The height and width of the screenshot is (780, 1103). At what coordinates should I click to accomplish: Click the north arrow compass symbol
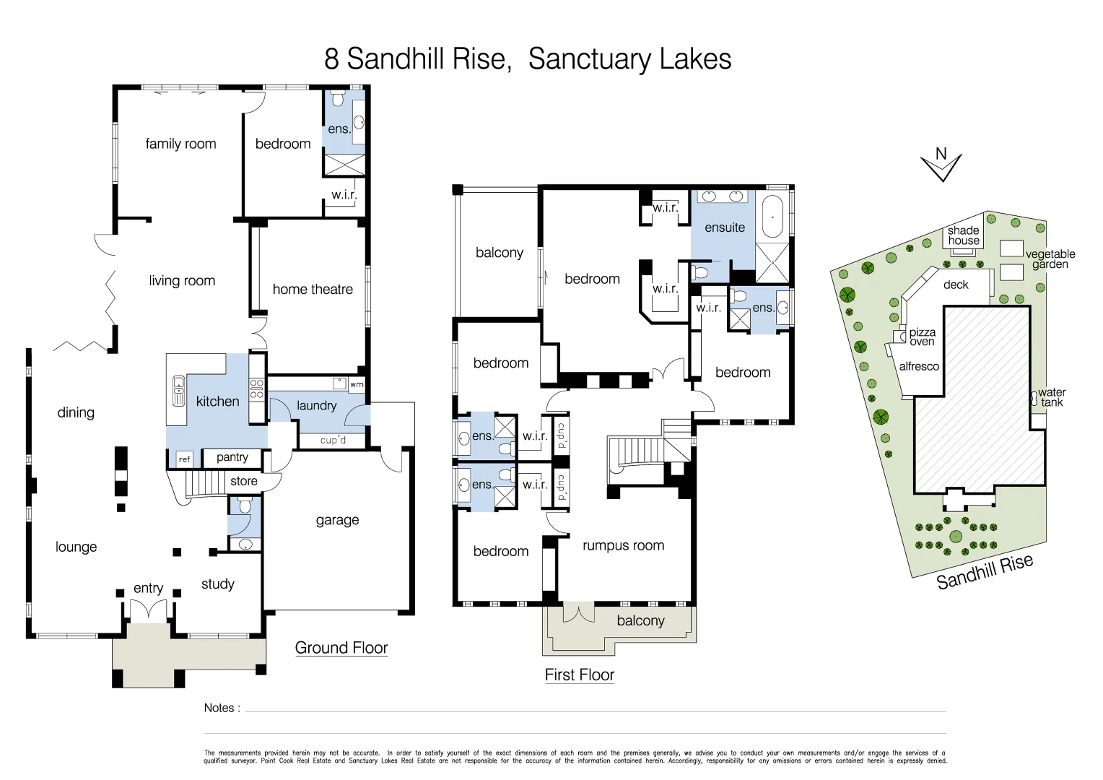pyautogui.click(x=941, y=165)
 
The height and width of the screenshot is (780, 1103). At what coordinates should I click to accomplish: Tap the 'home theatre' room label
pyautogui.click(x=313, y=290)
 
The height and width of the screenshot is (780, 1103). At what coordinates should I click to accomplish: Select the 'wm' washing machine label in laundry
pyautogui.click(x=357, y=385)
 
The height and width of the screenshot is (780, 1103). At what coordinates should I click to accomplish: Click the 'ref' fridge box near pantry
pyautogui.click(x=185, y=459)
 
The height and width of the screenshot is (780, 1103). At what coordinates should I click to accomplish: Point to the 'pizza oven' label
pyautogui.click(x=922, y=337)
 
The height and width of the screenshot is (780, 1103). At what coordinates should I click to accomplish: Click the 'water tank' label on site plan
pyautogui.click(x=1052, y=397)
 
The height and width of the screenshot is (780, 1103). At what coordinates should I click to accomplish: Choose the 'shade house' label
pyautogui.click(x=964, y=235)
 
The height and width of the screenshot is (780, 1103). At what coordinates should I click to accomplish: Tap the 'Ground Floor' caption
pyautogui.click(x=341, y=648)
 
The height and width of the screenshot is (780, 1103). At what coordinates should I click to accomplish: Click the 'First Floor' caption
pyautogui.click(x=579, y=675)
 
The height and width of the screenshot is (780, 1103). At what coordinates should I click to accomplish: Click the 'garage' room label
pyautogui.click(x=337, y=520)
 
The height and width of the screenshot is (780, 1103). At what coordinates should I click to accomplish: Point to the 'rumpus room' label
pyautogui.click(x=623, y=546)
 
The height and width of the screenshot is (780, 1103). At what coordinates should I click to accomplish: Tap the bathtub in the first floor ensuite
pyautogui.click(x=772, y=216)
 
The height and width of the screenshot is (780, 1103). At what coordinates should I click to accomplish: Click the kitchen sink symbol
pyautogui.click(x=178, y=391)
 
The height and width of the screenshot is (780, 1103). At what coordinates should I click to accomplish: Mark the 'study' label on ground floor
pyautogui.click(x=218, y=584)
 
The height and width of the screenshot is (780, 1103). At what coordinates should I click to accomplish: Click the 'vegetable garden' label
pyautogui.click(x=1050, y=259)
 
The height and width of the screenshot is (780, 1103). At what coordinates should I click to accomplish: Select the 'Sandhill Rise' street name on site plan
pyautogui.click(x=985, y=572)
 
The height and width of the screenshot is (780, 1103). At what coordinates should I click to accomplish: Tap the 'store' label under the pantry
pyautogui.click(x=244, y=481)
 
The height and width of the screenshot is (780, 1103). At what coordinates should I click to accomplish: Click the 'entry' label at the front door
pyautogui.click(x=148, y=589)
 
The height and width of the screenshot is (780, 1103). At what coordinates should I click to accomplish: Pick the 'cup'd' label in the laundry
pyautogui.click(x=333, y=440)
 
